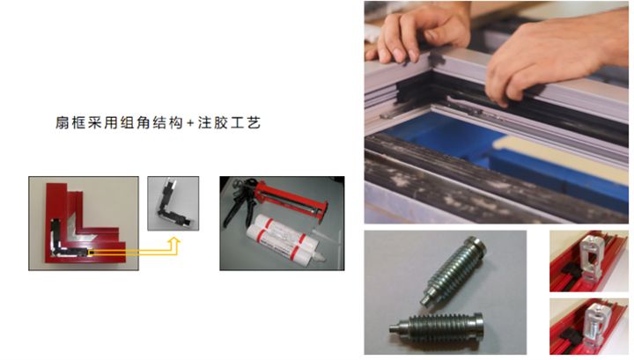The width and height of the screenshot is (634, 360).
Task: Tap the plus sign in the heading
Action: tap(191, 123)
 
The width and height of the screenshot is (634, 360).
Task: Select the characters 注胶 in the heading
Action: tap(213, 123)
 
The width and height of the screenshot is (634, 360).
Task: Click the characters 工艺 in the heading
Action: tap(246, 123)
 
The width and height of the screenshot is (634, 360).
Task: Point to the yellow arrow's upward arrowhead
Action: tap(174, 242)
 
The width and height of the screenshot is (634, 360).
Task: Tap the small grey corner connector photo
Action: tap(173, 203)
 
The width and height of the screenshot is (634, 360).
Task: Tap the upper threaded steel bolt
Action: tap(453, 271)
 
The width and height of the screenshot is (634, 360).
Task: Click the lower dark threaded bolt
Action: tap(437, 327)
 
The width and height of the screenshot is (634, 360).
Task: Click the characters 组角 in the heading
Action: tap(136, 123)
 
